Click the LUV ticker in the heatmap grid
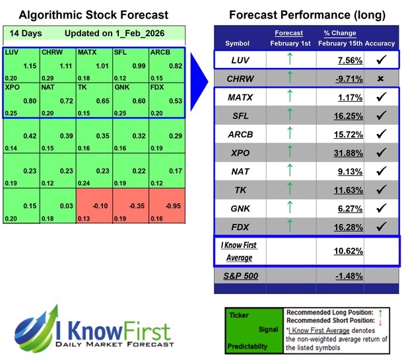pyautogui.click(x=11, y=52)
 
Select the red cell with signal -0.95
pyautogui.click(x=167, y=205)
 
